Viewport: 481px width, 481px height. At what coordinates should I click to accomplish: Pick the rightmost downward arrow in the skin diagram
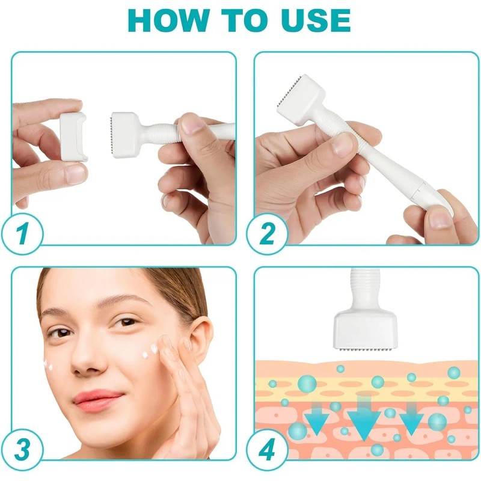[411, 418]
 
